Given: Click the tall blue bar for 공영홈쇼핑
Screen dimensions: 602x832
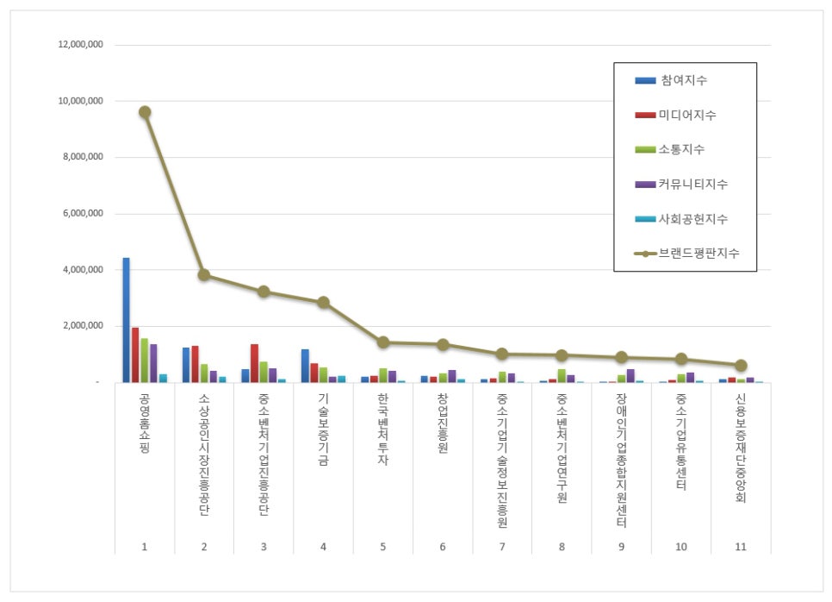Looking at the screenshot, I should (x=126, y=320).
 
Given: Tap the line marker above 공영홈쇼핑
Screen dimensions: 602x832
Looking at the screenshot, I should (x=145, y=112).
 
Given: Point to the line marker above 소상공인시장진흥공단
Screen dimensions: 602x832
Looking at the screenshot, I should (x=204, y=275).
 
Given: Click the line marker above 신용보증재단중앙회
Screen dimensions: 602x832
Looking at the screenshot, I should (x=741, y=366).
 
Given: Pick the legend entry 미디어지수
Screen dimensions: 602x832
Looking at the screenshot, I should (x=688, y=115).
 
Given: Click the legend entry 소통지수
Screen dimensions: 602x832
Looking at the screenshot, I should (x=682, y=149).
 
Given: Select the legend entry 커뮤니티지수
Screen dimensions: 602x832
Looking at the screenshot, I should (x=694, y=184).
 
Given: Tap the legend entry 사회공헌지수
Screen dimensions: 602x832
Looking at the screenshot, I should (x=694, y=218).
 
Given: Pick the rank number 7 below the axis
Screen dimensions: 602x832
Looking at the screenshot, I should (x=501, y=547).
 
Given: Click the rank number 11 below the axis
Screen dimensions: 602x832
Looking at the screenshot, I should (x=740, y=547).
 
